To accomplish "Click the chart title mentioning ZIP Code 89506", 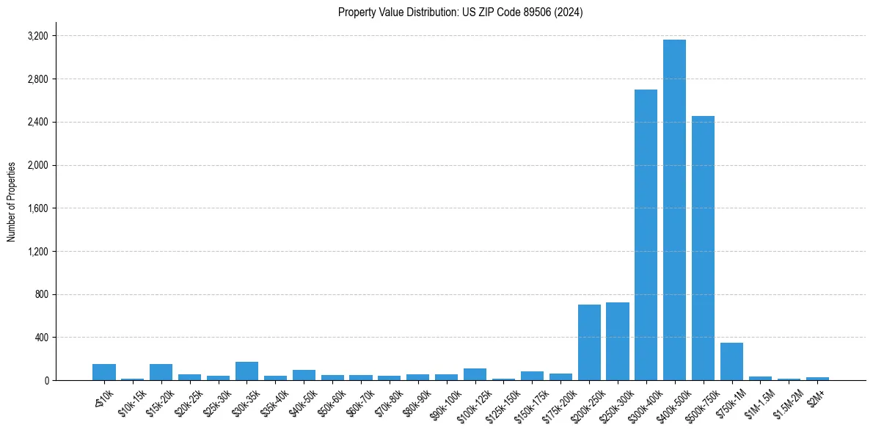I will [460, 12].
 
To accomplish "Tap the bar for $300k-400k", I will [646, 235].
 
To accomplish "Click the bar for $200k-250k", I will [589, 342].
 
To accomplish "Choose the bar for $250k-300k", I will [618, 341].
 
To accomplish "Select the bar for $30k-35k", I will [246, 371].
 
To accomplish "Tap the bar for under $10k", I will [104, 372].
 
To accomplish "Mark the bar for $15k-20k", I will [161, 372].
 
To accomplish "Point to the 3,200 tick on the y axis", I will [37, 36].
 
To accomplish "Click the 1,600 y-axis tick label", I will [37, 208].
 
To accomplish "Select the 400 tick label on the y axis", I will [41, 338].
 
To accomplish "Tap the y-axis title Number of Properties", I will [12, 202].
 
